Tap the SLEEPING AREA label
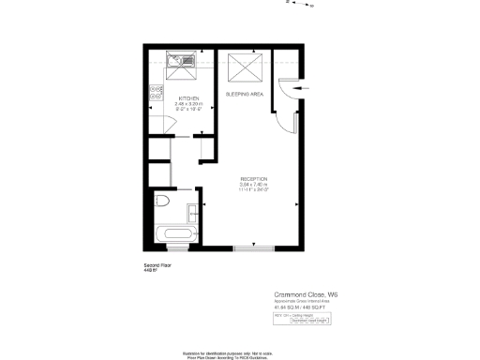point(244,95)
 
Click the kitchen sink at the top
point(177,63)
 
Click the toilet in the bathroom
point(161,201)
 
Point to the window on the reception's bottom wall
point(253,247)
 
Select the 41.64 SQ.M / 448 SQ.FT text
point(298,307)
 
